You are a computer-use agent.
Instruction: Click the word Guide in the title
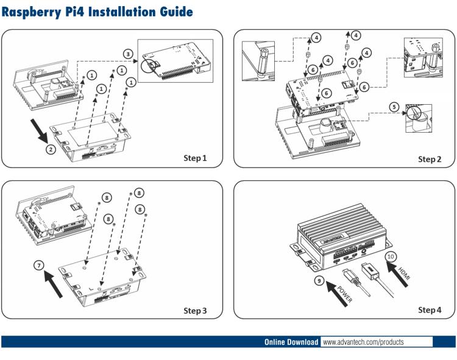(x=173, y=12)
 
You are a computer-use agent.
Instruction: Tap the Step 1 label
(x=195, y=158)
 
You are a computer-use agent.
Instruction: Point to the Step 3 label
(x=195, y=311)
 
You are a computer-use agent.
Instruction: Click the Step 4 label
(x=430, y=311)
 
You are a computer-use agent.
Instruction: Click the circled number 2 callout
(x=51, y=148)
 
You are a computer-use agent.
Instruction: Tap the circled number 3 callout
(x=127, y=54)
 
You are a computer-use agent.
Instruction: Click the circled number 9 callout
(x=319, y=281)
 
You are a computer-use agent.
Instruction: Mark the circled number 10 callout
(x=391, y=256)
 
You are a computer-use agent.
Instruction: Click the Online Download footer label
(x=291, y=342)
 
